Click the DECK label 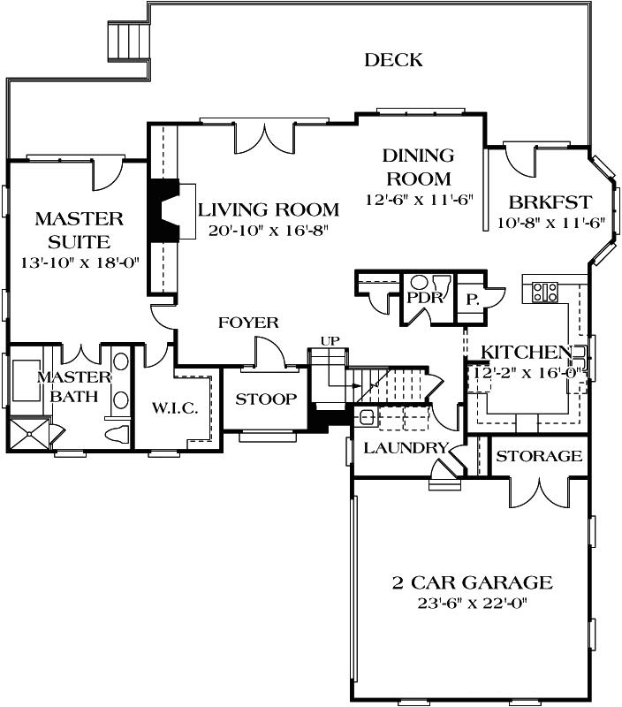(393, 60)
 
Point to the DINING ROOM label (418, 167)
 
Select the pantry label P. (473, 299)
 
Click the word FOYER (248, 323)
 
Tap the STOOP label (266, 399)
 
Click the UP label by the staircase (329, 340)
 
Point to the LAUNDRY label (406, 448)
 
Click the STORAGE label (538, 456)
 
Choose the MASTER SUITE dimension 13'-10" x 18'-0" (80, 263)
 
